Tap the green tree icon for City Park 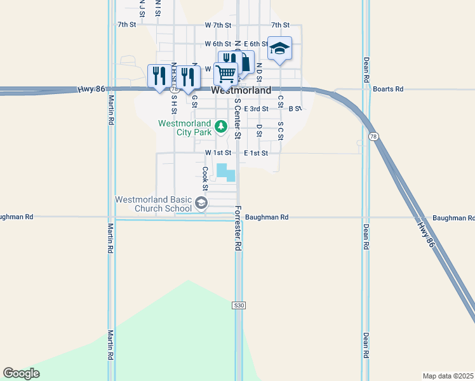[221, 127]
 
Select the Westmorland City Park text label [185, 128]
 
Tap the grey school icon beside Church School [201, 203]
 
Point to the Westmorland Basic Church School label [153, 203]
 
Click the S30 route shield [238, 305]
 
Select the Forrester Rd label [238, 227]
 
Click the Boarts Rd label [388, 90]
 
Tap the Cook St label [205, 178]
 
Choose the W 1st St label [218, 153]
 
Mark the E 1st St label [256, 153]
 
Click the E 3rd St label [256, 109]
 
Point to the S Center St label [237, 118]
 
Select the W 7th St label [218, 25]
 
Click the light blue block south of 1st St [225, 172]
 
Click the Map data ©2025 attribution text [448, 376]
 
